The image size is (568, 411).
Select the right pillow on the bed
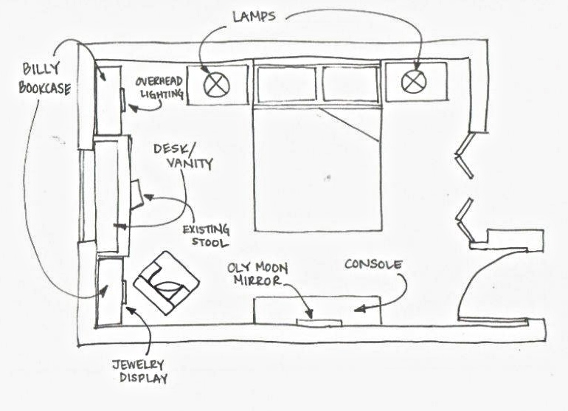[350, 85]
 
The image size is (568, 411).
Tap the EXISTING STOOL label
[206, 235]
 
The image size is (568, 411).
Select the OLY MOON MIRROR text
[253, 274]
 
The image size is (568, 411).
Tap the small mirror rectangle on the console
[319, 321]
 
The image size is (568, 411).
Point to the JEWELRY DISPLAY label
[139, 372]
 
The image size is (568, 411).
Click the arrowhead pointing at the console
[356, 311]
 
